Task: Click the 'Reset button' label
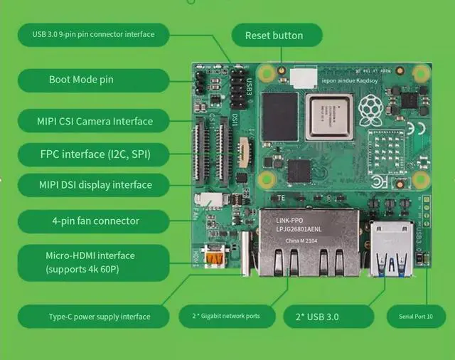point(274,35)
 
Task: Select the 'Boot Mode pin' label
point(80,80)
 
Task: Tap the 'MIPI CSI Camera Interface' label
point(95,121)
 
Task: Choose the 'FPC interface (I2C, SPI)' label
point(95,153)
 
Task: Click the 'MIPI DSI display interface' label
point(95,185)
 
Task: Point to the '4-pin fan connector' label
point(95,221)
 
